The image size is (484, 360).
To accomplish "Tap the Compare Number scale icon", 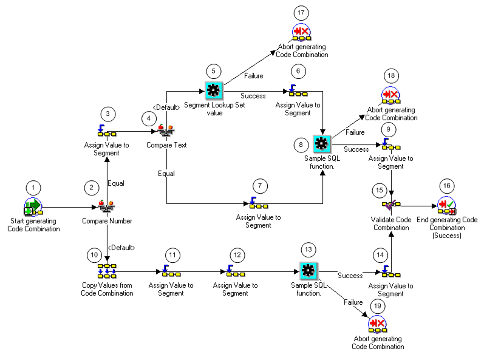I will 107,207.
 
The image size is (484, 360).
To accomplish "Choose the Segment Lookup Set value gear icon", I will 213,90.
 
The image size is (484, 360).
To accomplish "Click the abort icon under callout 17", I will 302,32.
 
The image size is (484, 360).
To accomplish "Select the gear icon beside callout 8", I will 321,144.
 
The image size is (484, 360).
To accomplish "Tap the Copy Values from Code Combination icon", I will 106,270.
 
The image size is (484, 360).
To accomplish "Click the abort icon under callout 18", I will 391,95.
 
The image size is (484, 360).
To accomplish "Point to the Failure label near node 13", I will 353,302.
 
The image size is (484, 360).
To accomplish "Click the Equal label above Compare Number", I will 116,182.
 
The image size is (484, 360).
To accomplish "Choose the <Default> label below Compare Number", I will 121,247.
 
